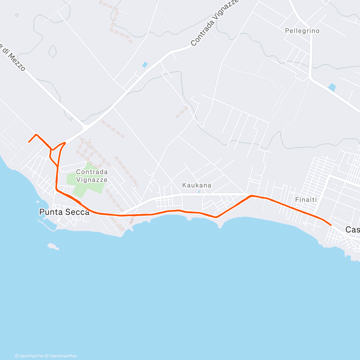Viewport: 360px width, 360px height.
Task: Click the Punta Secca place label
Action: pyautogui.click(x=64, y=212)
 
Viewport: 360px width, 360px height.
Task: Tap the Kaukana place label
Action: pyautogui.click(x=196, y=185)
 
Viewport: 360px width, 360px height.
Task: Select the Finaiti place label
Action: pyautogui.click(x=306, y=199)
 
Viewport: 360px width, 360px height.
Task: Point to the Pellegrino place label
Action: pyautogui.click(x=302, y=31)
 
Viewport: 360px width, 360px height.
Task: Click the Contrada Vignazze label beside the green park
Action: pyautogui.click(x=92, y=176)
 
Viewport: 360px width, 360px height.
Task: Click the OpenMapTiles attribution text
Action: pyautogui.click(x=29, y=356)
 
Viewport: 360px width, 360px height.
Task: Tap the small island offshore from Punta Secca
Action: pyautogui.click(x=53, y=247)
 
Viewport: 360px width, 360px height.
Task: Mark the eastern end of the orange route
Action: pyautogui.click(x=331, y=225)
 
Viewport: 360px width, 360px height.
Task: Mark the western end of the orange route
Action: pyautogui.click(x=29, y=142)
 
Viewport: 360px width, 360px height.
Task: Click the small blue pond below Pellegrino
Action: pyautogui.click(x=331, y=87)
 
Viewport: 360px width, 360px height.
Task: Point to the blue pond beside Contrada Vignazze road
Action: pyautogui.click(x=145, y=65)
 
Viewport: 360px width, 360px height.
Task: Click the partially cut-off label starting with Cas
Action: pyautogui.click(x=352, y=230)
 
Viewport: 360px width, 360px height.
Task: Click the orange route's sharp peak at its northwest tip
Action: pyautogui.click(x=36, y=135)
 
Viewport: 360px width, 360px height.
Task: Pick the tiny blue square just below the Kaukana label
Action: pyautogui.click(x=199, y=192)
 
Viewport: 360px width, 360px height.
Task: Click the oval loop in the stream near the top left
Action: pyautogui.click(x=53, y=51)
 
